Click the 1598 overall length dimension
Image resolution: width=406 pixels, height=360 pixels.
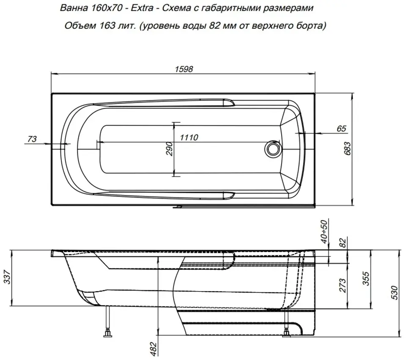tap(184, 69)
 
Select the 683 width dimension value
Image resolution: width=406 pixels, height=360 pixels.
tap(348, 148)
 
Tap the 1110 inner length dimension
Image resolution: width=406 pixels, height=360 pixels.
tap(189, 137)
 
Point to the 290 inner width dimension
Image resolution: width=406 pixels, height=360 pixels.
tap(169, 148)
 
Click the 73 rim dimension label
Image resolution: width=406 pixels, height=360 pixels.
tap(32, 139)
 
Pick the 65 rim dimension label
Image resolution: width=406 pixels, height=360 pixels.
tap(342, 129)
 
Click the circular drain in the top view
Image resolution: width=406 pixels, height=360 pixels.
tap(272, 148)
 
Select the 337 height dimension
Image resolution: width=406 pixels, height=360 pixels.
tap(8, 277)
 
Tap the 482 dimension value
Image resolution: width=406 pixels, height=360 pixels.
tap(154, 349)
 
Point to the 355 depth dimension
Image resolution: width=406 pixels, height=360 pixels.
tap(365, 278)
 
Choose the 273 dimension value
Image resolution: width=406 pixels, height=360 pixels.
tap(343, 286)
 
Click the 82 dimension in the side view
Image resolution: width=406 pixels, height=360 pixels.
tap(343, 243)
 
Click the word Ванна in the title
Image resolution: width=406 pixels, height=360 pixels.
tap(74, 8)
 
